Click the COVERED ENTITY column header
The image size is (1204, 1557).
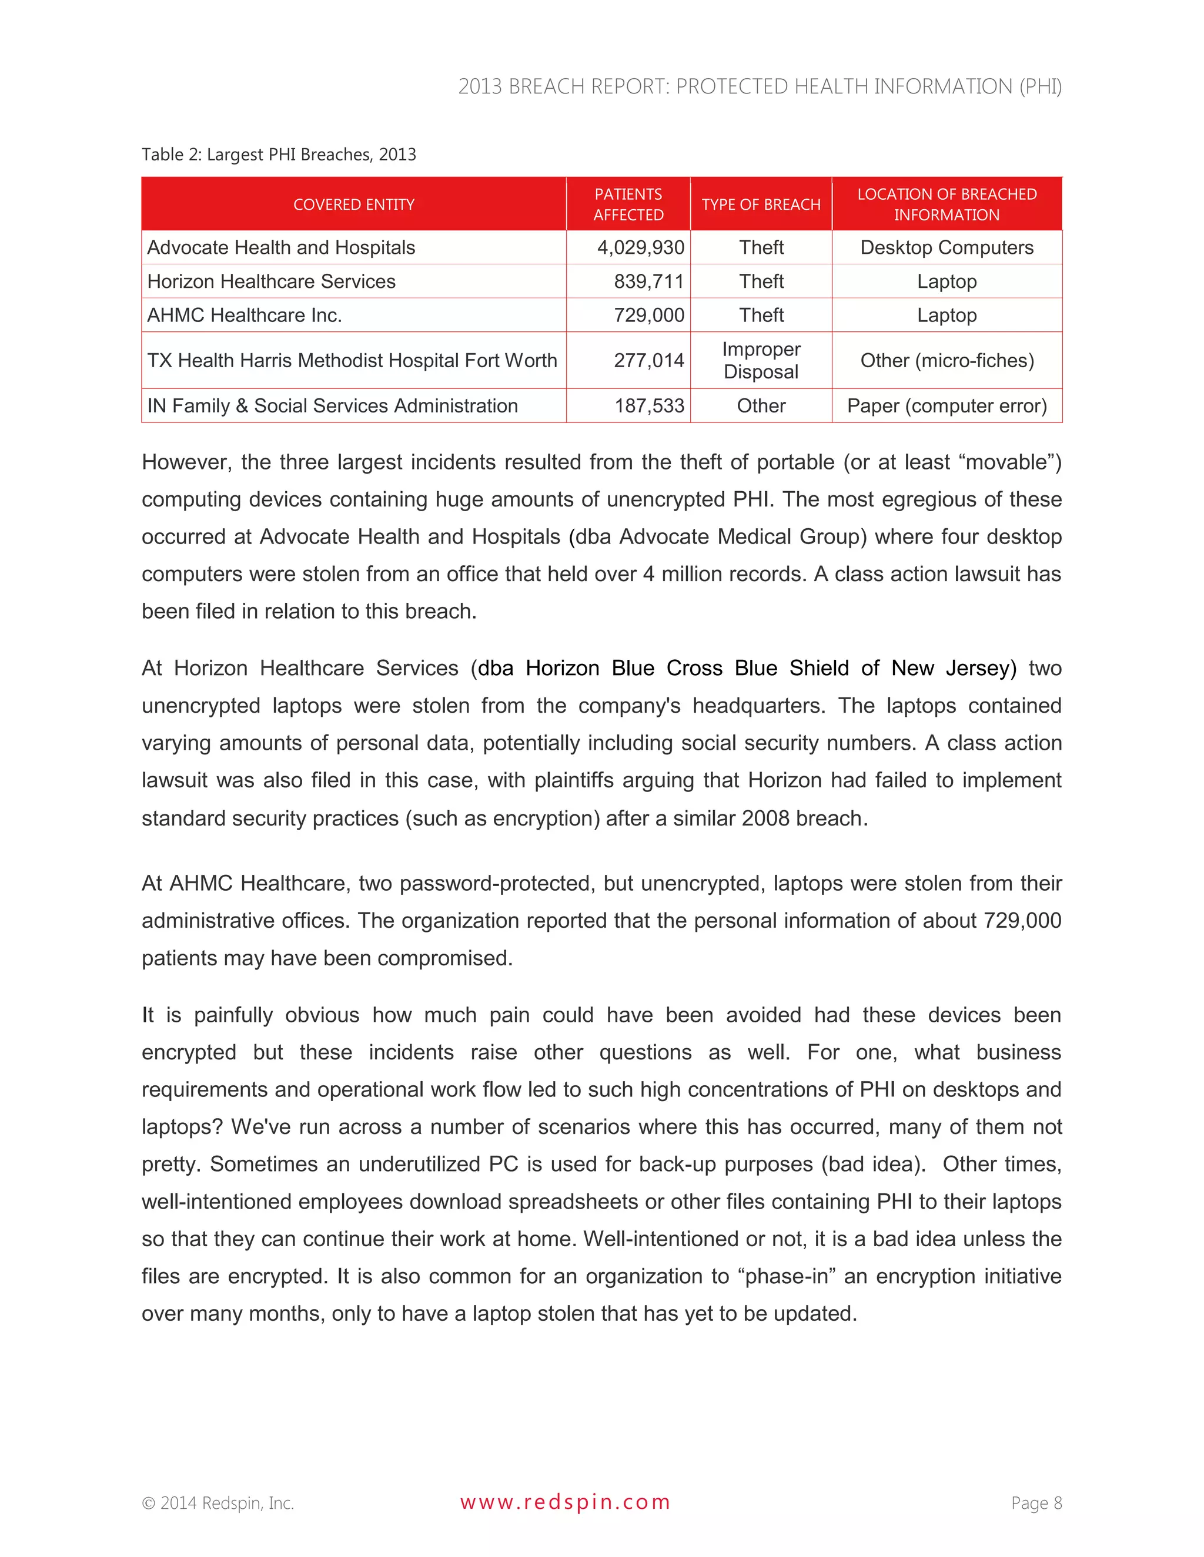point(354,204)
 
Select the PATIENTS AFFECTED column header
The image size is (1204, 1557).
point(628,204)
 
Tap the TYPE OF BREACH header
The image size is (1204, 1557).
point(761,204)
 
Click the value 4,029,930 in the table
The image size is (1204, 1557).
point(641,247)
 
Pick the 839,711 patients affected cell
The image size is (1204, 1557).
point(648,281)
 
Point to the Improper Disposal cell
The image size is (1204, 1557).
point(761,360)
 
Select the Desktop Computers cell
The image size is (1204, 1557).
point(947,247)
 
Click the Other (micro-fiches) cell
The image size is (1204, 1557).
point(947,360)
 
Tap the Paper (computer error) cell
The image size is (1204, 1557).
point(947,405)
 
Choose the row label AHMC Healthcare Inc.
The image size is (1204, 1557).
point(245,315)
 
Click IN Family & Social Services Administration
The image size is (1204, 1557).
point(332,405)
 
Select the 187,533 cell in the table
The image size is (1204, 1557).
point(649,405)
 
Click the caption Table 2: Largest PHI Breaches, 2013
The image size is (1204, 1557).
point(279,155)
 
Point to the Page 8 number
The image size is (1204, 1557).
point(1036,1503)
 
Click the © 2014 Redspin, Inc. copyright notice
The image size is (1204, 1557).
point(218,1503)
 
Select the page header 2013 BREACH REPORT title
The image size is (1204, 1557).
point(760,86)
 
